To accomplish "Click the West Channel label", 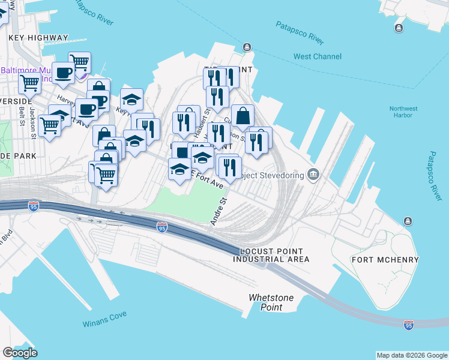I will pos(318,57).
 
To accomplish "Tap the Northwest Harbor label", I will pos(403,113).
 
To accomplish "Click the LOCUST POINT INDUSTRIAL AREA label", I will pos(271,255).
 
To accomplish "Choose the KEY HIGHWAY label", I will pos(38,38).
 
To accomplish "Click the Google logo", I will pos(20,353).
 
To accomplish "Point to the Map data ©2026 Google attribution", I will pos(411,355).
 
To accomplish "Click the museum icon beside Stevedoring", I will pos(313,175).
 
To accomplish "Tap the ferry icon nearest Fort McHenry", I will pos(408,221).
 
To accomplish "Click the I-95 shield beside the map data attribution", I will pos(409,325).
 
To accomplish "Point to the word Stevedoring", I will pos(279,176).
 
